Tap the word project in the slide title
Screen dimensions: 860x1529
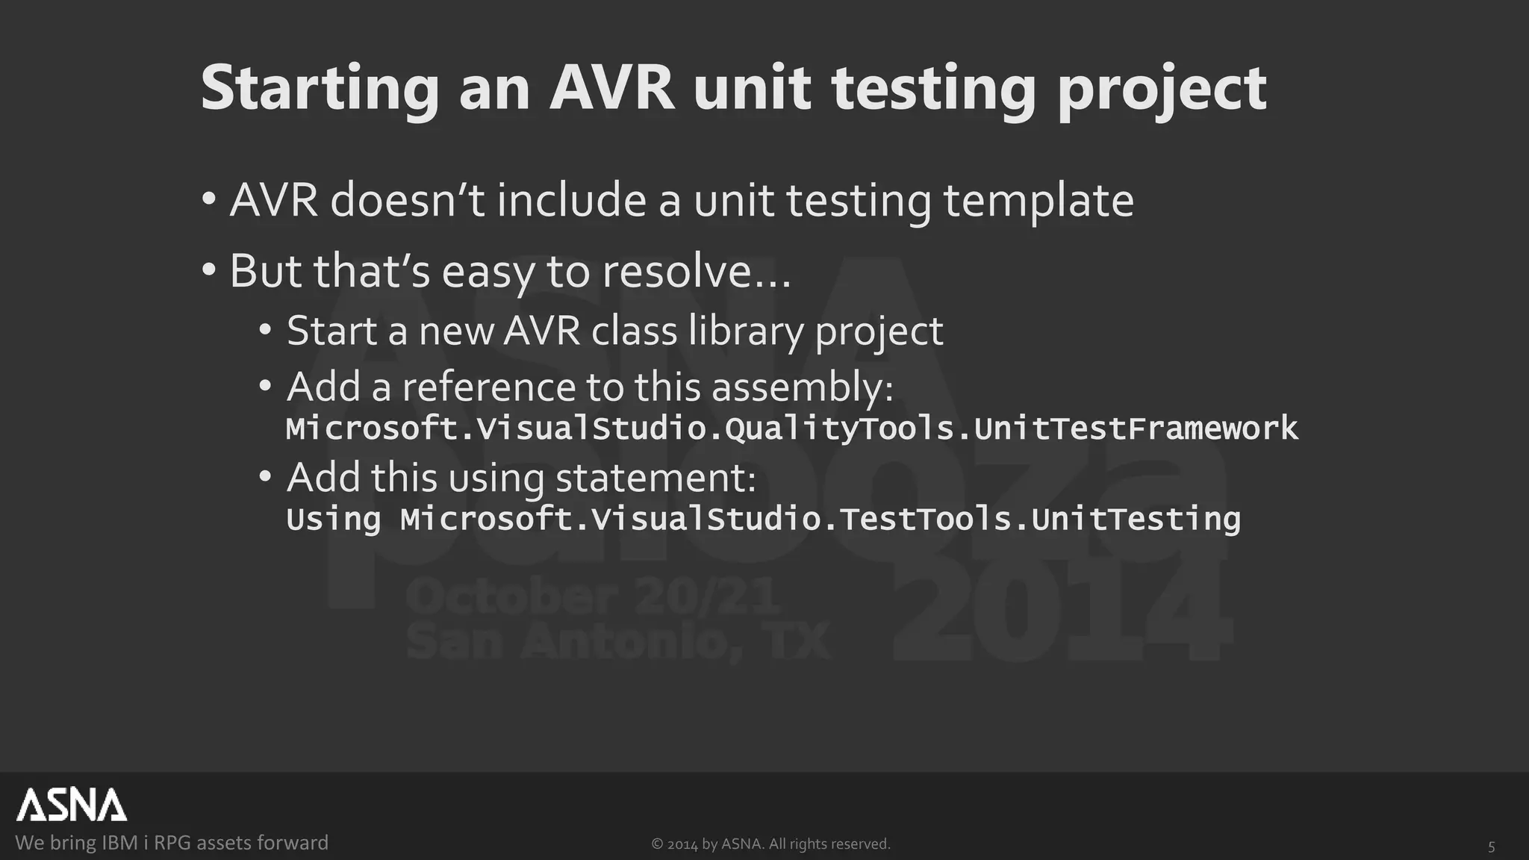(1162, 90)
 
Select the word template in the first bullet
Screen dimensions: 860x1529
(1038, 201)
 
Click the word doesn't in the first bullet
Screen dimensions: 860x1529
(408, 201)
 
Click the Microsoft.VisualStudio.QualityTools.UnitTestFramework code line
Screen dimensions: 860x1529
(791, 429)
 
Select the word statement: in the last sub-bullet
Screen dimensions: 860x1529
(655, 478)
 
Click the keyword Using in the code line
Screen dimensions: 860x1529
(333, 520)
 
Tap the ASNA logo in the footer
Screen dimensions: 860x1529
(72, 805)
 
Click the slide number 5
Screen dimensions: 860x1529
(1492, 847)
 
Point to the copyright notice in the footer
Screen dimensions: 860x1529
(770, 844)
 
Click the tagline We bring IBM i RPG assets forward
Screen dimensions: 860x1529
(172, 843)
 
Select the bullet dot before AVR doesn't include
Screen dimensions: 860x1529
(209, 200)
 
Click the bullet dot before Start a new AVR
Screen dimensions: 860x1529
(266, 330)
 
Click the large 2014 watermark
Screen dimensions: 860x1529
(1060, 612)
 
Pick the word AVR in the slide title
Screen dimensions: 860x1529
(612, 90)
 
